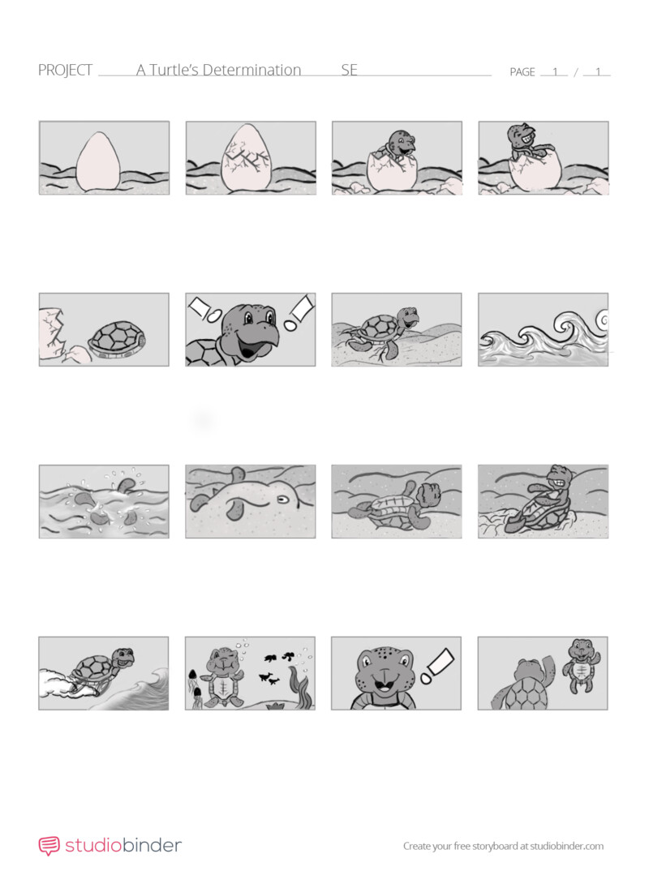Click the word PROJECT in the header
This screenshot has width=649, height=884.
pyautogui.click(x=65, y=71)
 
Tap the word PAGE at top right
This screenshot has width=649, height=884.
pyautogui.click(x=522, y=72)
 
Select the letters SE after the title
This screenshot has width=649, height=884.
pyautogui.click(x=349, y=70)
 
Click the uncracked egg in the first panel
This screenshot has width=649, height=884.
pyautogui.click(x=97, y=161)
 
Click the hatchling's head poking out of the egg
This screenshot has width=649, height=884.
pyautogui.click(x=401, y=143)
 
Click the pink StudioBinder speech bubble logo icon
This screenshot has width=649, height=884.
pyautogui.click(x=49, y=846)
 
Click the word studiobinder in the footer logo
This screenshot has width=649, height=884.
pyautogui.click(x=123, y=845)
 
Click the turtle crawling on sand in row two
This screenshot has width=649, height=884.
pyautogui.click(x=384, y=333)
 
